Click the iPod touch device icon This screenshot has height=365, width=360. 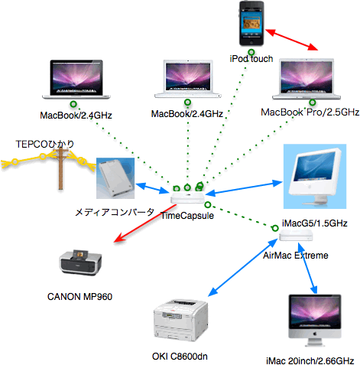coord(251,24)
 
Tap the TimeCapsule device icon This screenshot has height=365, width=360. coord(188,197)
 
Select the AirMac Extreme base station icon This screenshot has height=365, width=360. coord(296,235)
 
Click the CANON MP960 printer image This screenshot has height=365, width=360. coord(80,262)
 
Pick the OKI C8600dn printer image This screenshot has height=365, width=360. coord(180,320)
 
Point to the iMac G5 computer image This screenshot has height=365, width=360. coord(315,176)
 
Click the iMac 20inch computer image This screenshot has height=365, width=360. coord(315,321)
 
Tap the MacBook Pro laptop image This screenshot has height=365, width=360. coord(306,79)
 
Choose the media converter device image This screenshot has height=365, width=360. coord(115,178)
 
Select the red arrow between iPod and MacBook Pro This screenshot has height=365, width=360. coord(292,40)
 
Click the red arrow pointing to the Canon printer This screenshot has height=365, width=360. coord(145,223)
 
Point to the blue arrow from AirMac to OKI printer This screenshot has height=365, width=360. coord(243,268)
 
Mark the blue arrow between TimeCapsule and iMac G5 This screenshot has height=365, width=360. coord(244,189)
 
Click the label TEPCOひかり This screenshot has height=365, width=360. coord(45,145)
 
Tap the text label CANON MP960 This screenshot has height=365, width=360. coord(79,297)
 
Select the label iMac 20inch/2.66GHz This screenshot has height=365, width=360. coord(310,360)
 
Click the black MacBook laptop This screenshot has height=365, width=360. coord(76,80)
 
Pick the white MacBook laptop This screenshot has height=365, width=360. coord(188,79)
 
